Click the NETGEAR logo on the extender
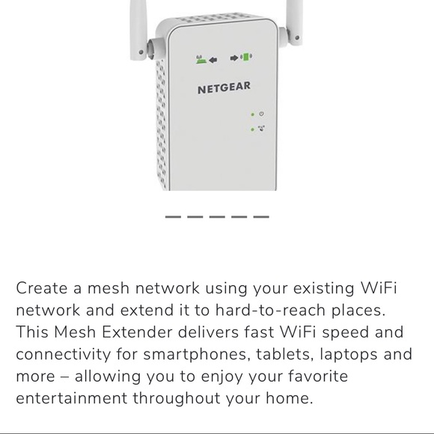click(x=224, y=88)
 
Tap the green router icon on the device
click(x=201, y=60)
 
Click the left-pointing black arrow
click(x=213, y=60)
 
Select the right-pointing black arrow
click(x=234, y=58)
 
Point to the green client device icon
click(x=246, y=57)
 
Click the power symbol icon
click(x=261, y=114)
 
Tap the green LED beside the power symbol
click(x=252, y=114)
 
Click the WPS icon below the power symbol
click(x=262, y=129)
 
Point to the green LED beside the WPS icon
click(x=252, y=129)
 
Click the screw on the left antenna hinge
click(x=141, y=52)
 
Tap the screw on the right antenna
click(x=297, y=37)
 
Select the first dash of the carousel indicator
click(x=173, y=217)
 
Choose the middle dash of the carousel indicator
click(x=217, y=217)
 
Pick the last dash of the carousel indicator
click(x=261, y=217)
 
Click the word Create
click(x=42, y=288)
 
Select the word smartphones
click(x=195, y=355)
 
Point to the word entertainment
click(x=71, y=398)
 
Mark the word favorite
click(x=318, y=376)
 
